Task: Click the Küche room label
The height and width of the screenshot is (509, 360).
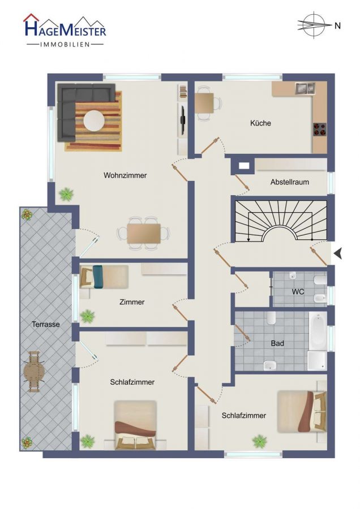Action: point(260,123)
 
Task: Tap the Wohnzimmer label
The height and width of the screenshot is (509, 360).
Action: point(125,175)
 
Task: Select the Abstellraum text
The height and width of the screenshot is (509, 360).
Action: point(289,182)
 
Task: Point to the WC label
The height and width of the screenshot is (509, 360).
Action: point(298,291)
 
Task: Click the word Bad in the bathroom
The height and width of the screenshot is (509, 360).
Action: point(277,343)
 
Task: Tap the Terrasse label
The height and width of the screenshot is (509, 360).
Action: point(45,324)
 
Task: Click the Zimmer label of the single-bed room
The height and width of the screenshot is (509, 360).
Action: point(132,302)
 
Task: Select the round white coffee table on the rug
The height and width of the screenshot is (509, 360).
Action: point(94,121)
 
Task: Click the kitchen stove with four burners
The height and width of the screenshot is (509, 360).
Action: point(319,129)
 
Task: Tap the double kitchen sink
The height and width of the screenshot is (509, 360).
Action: point(305,88)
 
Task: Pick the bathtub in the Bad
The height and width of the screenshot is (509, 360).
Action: point(318,331)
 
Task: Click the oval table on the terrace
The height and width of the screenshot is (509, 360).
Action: point(33,372)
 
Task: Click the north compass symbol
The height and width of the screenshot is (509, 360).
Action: point(314,25)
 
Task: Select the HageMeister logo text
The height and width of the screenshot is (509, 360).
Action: point(65,31)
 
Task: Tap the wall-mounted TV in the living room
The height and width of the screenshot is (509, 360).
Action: point(183,120)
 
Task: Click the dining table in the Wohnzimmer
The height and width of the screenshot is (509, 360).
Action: point(144,234)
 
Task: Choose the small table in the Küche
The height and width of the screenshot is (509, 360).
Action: point(204,103)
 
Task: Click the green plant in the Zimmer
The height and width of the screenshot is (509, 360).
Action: point(87,316)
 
